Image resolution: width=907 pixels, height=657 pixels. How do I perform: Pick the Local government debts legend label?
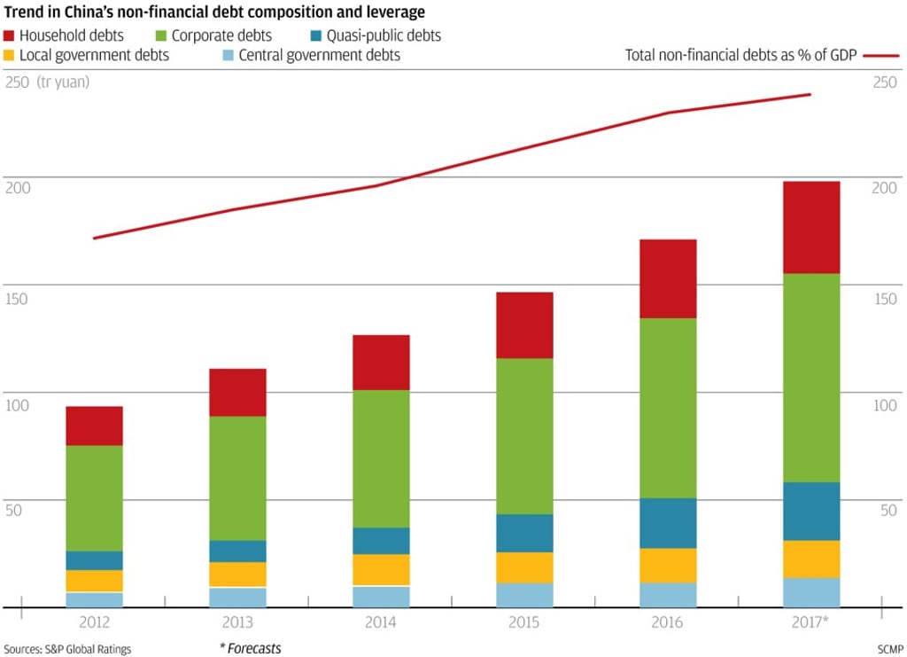(x=96, y=55)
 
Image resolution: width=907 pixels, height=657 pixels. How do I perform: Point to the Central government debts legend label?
(x=333, y=55)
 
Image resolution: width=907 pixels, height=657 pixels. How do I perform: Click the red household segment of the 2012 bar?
(x=94, y=426)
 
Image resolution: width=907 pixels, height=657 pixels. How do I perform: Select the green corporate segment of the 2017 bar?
(x=811, y=378)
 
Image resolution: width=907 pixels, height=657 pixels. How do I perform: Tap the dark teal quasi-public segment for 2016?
(x=668, y=523)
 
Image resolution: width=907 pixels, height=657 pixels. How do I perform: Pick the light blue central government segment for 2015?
(x=524, y=595)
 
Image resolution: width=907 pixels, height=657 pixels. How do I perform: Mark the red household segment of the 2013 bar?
(x=237, y=392)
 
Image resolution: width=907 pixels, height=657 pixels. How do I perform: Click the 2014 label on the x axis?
(x=381, y=622)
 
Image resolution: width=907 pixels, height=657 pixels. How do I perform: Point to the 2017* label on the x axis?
(x=811, y=622)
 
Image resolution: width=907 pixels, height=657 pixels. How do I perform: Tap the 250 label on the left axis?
(x=16, y=82)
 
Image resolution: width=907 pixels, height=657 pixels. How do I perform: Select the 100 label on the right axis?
(x=884, y=405)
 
